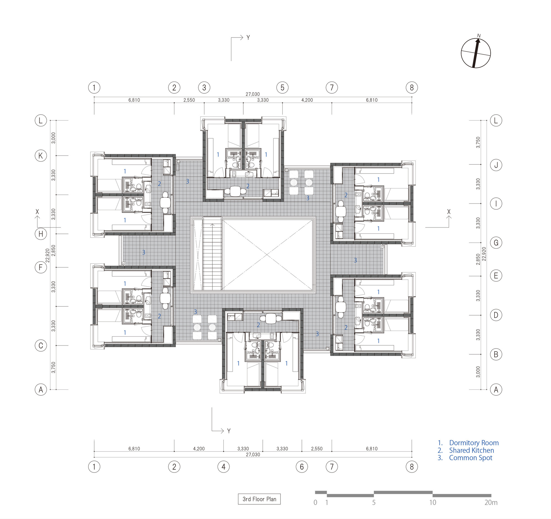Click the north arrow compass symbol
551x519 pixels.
coord(476,53)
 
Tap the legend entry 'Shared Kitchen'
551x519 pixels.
coord(471,450)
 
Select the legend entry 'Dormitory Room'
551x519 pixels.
coord(474,443)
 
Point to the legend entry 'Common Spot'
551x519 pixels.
coord(470,458)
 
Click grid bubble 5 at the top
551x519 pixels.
coord(282,88)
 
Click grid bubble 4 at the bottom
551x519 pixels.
coord(223,467)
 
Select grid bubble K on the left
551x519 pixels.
coord(41,156)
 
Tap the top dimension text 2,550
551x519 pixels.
coord(189,100)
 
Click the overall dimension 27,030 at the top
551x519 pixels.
coord(252,94)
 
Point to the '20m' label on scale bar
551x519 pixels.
coord(491,502)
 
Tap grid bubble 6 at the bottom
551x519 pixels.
coord(302,467)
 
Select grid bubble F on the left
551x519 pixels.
coord(41,267)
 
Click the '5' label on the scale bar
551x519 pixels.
coord(374,502)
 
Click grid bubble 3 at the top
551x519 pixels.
coord(204,88)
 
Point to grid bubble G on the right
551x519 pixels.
coord(496,243)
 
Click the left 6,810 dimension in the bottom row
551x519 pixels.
coord(134,449)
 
